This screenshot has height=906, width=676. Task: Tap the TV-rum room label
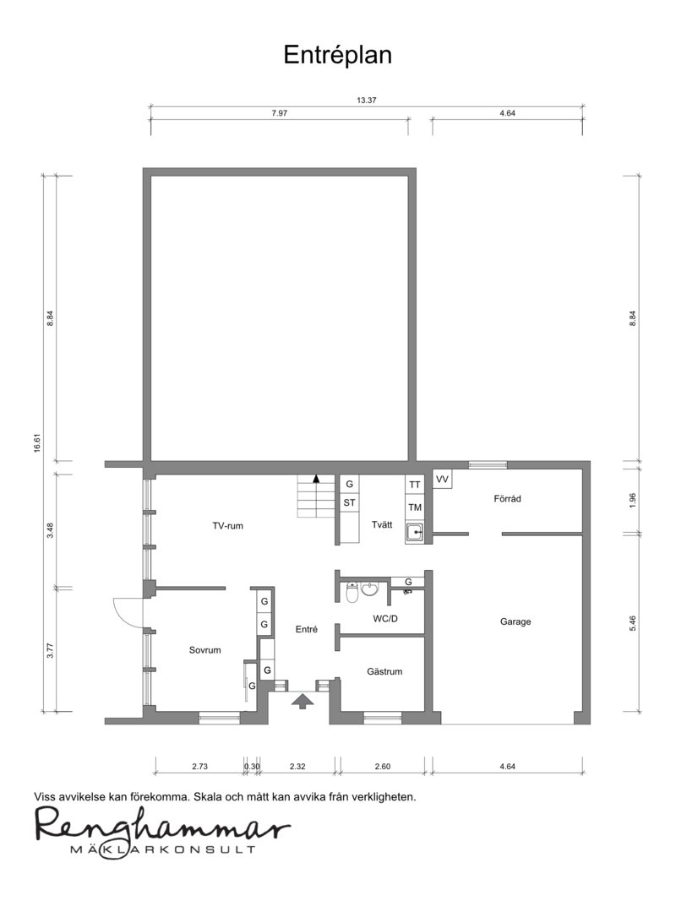click(227, 526)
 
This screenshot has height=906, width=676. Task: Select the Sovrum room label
click(204, 650)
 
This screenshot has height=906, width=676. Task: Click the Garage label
click(515, 621)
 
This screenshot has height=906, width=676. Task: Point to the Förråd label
click(507, 499)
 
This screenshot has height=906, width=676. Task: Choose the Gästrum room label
click(384, 672)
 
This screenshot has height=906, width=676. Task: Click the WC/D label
click(385, 618)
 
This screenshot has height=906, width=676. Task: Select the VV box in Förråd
click(442, 479)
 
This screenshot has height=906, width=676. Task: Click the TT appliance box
click(414, 486)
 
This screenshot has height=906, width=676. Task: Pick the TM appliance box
click(414, 507)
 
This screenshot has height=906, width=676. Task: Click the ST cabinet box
click(349, 503)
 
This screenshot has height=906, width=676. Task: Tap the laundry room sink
click(415, 533)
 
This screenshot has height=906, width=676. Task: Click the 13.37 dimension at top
click(366, 100)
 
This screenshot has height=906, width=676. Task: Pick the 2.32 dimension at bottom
click(297, 767)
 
